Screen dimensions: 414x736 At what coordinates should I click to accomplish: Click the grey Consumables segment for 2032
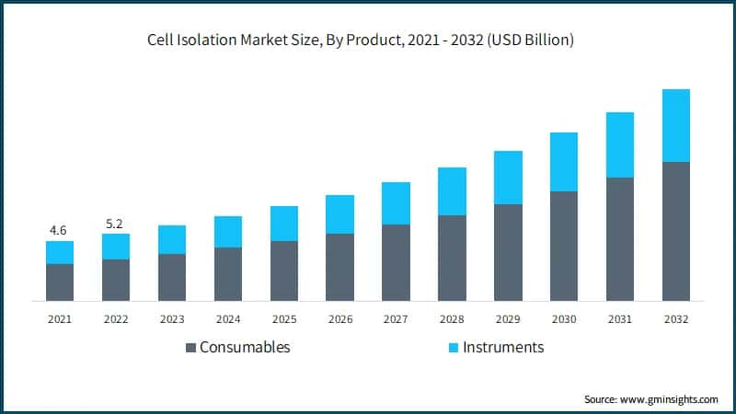[x=676, y=231]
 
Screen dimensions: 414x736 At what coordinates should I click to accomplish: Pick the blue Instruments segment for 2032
[x=676, y=125]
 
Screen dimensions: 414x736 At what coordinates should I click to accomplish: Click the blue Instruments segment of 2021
[x=60, y=252]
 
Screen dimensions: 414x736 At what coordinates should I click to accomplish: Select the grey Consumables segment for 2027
[x=396, y=262]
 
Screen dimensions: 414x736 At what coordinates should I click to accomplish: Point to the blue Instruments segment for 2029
[x=508, y=178]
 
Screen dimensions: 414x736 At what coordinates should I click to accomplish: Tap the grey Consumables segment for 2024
[x=228, y=274]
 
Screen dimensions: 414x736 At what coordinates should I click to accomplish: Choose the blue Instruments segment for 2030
[x=564, y=162]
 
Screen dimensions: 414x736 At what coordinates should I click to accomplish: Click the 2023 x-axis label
[x=172, y=318]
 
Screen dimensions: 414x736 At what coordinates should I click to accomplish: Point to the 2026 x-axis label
[x=339, y=318]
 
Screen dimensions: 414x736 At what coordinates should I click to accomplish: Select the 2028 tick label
[x=452, y=318]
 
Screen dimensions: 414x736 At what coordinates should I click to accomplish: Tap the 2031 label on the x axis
[x=620, y=318]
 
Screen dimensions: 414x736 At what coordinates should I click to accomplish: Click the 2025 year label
[x=283, y=318]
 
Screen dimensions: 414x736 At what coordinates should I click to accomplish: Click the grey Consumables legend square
[x=190, y=348]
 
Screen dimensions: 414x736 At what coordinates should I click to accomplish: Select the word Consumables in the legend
[x=245, y=348]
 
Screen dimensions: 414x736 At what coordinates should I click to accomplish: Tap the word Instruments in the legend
[x=503, y=348]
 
